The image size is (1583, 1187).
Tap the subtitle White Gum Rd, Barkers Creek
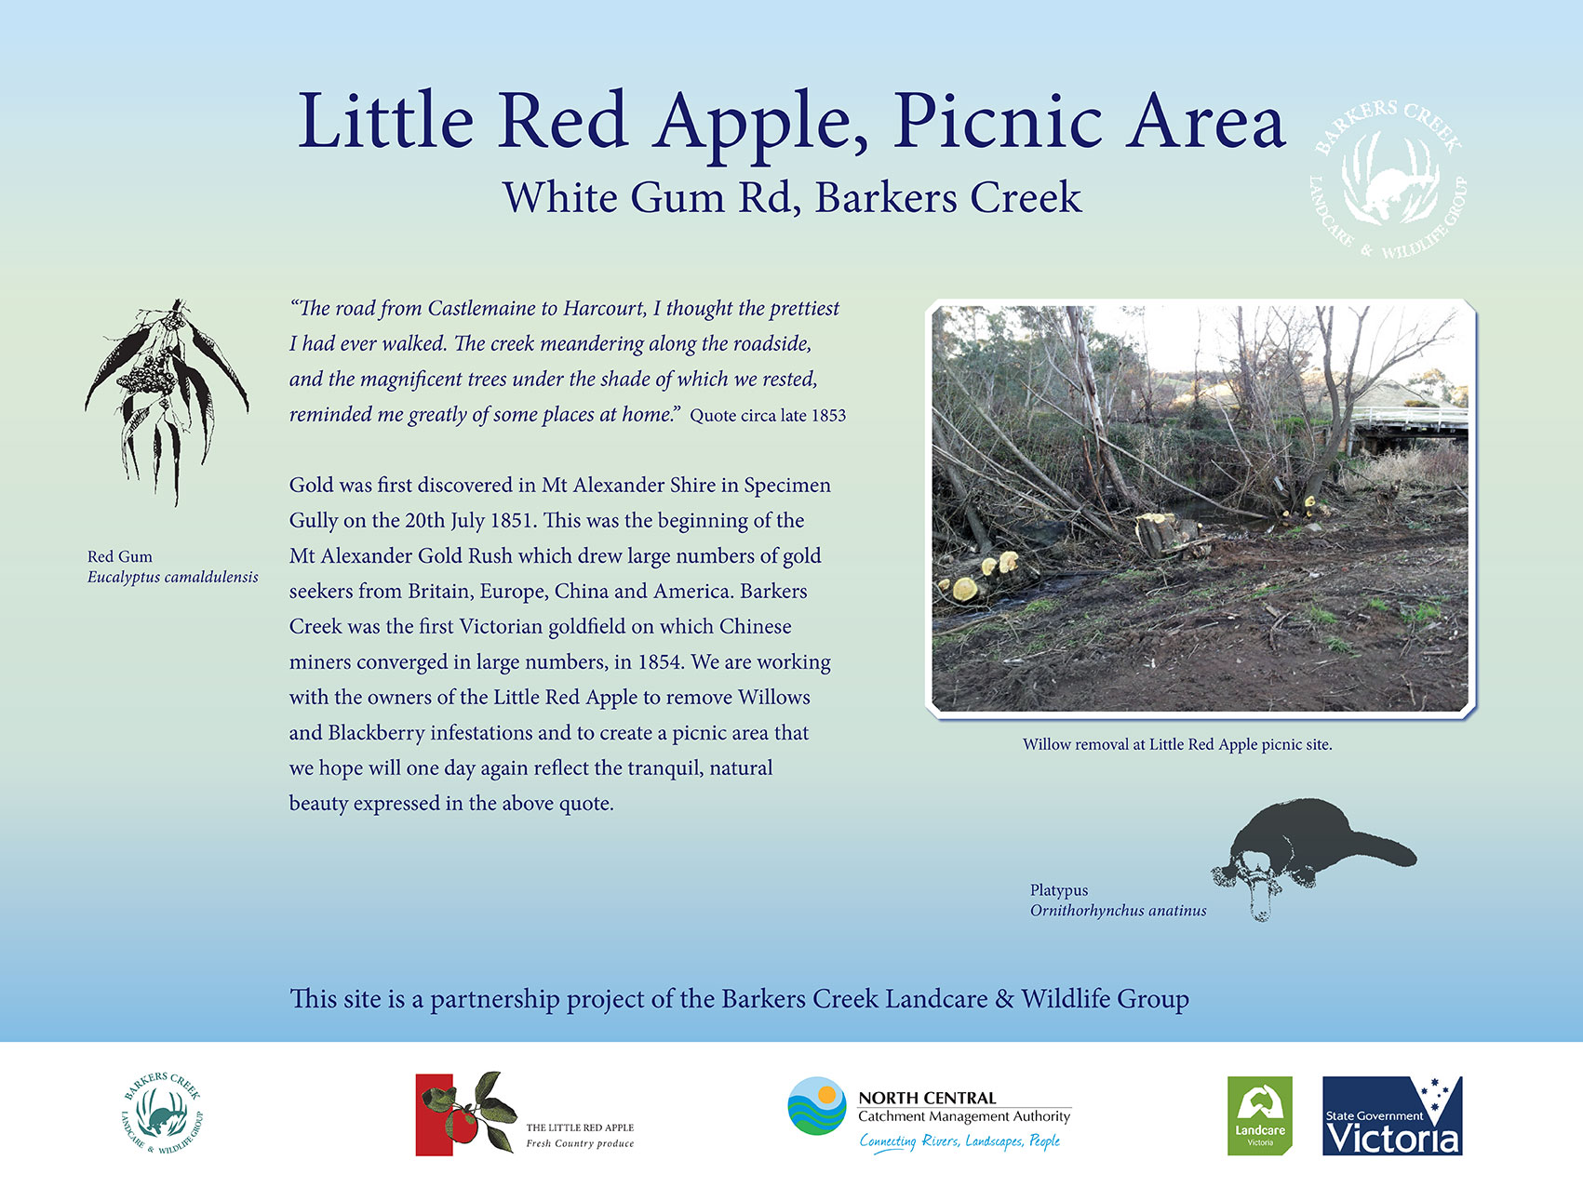point(792,198)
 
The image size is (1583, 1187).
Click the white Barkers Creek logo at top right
point(1388,180)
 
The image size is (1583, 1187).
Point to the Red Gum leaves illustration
point(168,402)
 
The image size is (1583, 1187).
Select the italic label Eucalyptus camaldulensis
point(173,578)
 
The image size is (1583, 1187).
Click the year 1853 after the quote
point(827,416)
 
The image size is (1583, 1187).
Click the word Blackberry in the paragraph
point(376,733)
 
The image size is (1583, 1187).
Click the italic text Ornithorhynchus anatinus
point(1118,911)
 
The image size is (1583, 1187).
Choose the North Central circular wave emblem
point(817,1106)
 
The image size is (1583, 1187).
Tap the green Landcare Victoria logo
point(1260,1115)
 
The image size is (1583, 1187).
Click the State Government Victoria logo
point(1392,1115)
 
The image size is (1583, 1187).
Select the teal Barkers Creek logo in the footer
point(162,1114)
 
